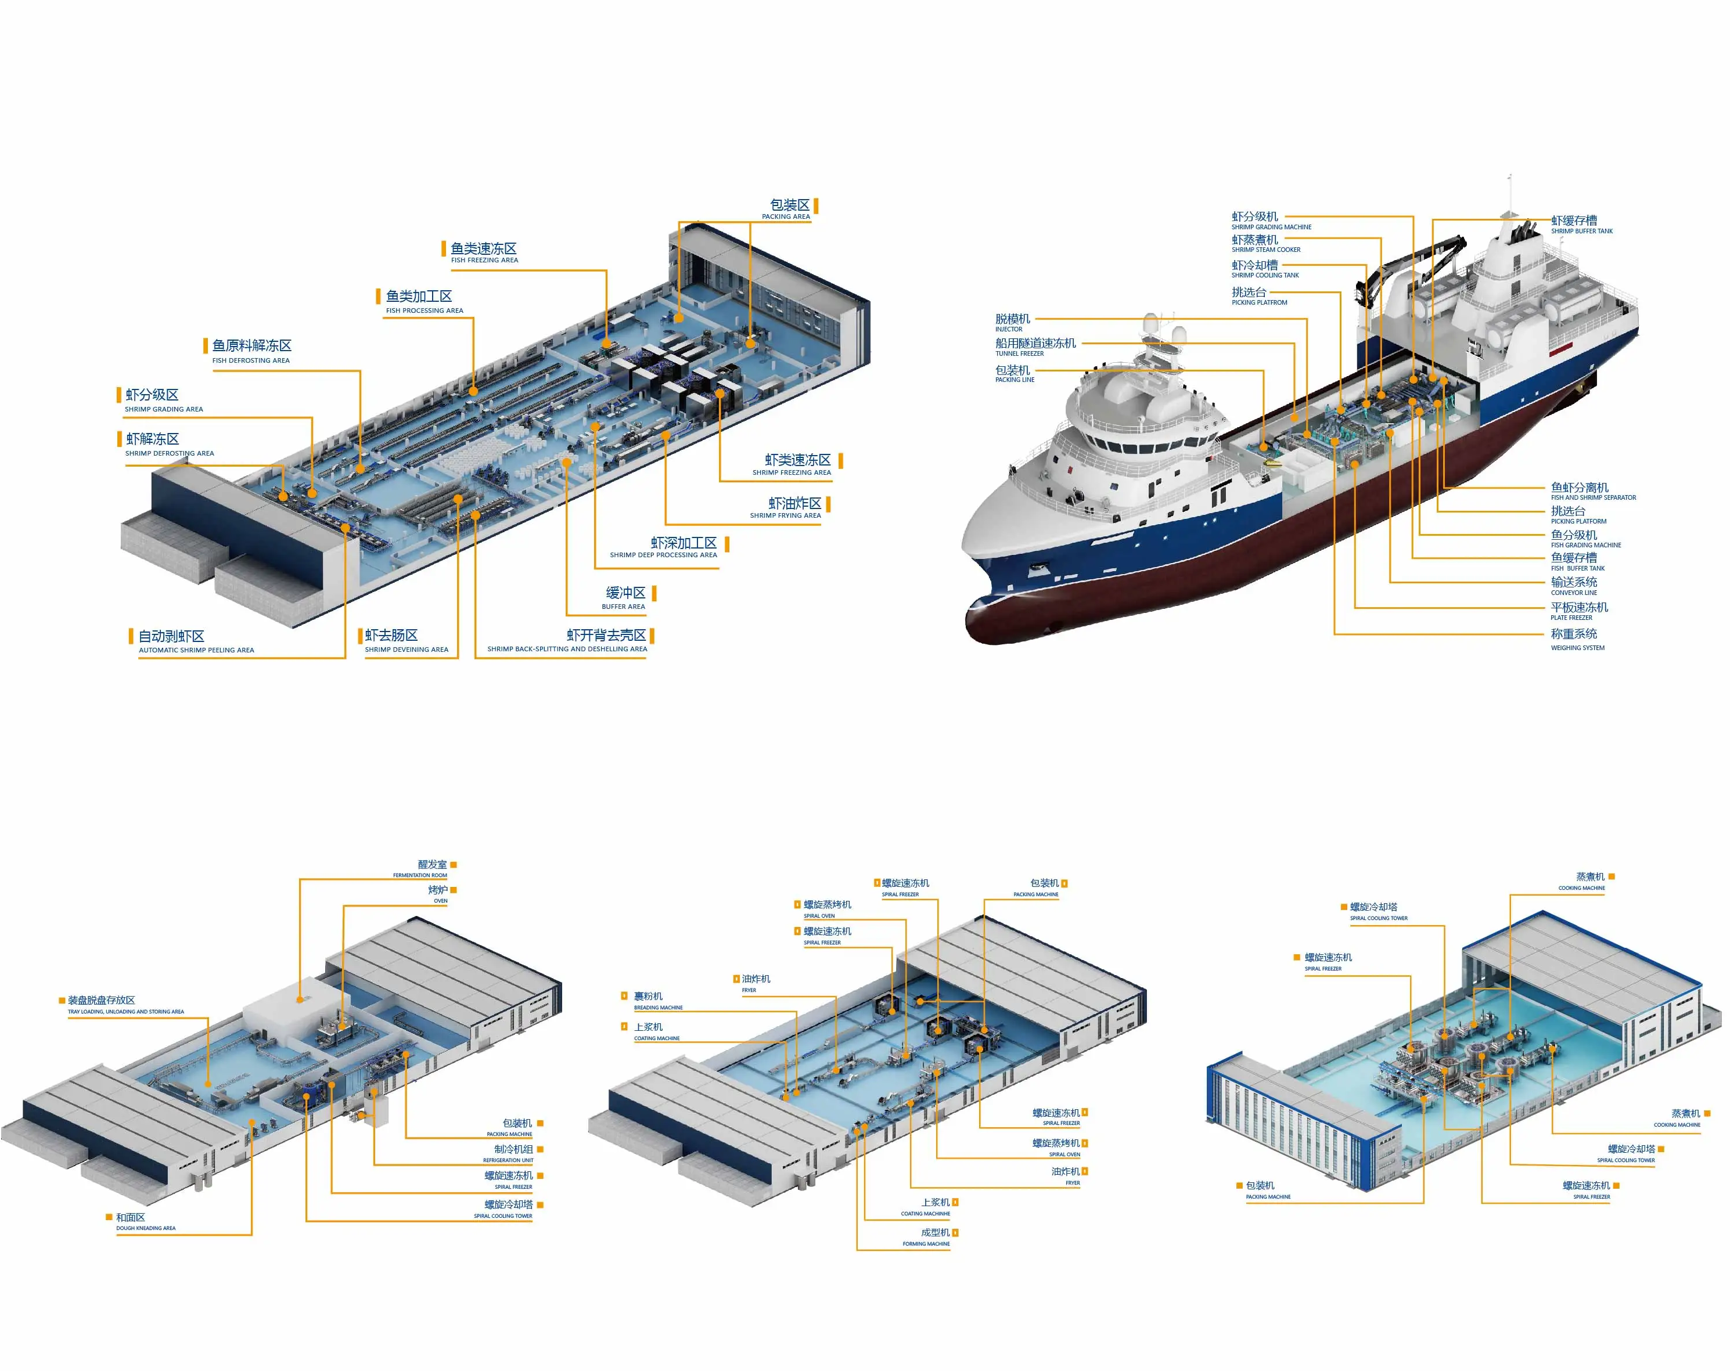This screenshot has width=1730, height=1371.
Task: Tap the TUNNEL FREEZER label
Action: point(1035,347)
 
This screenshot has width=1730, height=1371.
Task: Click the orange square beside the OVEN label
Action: point(454,890)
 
